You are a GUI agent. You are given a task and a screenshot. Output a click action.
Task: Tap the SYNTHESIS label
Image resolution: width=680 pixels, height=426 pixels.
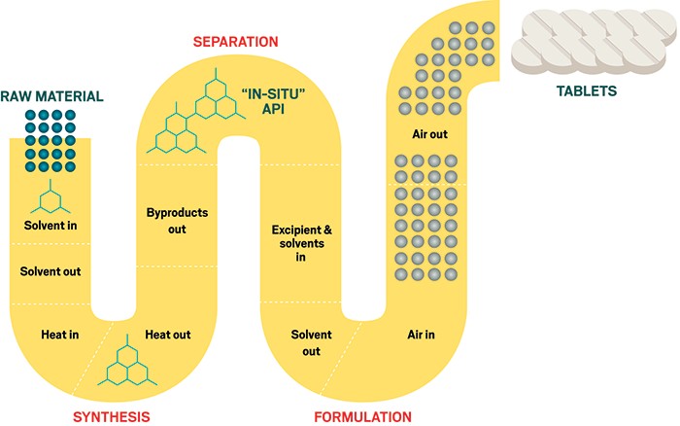pos(112,416)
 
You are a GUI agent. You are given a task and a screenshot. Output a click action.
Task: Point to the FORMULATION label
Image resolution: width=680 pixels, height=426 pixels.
pos(362,416)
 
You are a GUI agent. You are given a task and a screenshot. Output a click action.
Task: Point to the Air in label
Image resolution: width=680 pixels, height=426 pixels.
pos(426,334)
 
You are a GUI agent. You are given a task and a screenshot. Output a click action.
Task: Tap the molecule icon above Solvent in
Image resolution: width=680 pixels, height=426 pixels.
pos(51,198)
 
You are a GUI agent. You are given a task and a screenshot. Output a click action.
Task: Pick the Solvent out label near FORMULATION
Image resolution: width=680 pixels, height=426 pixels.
pos(311,342)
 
